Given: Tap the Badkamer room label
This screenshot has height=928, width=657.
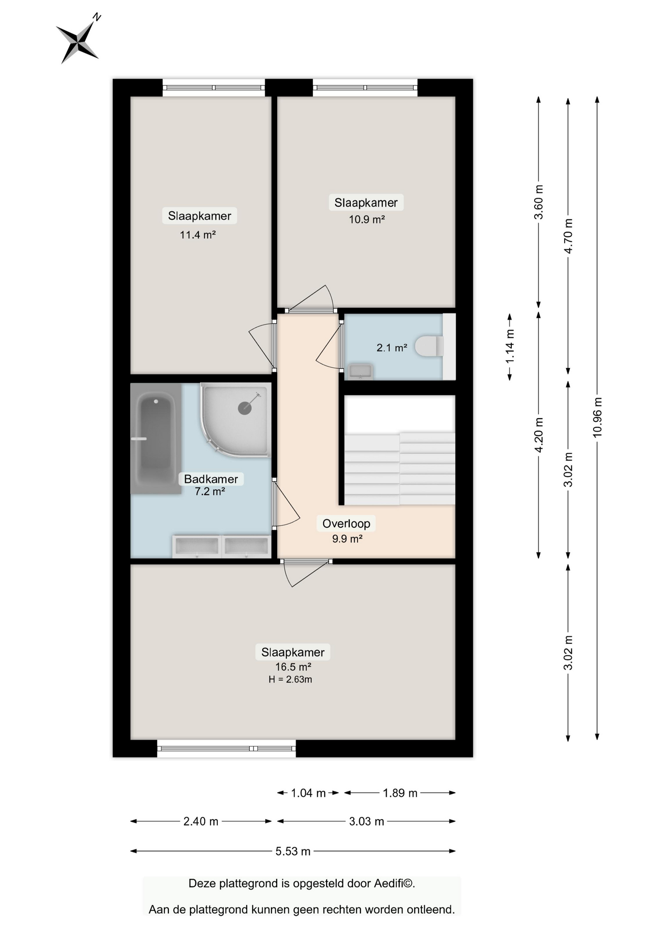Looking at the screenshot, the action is [211, 479].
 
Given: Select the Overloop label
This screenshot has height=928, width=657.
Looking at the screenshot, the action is [346, 523].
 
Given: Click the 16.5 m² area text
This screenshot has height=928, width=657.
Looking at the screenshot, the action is [293, 667].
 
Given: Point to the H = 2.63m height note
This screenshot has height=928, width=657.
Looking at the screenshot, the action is [290, 680].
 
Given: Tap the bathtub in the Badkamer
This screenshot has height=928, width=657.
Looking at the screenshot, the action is [156, 439].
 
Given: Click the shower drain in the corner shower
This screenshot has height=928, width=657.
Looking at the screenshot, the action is [245, 408].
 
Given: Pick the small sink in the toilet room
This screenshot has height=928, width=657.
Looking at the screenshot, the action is [360, 371].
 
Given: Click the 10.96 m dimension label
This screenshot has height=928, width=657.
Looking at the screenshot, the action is [597, 418].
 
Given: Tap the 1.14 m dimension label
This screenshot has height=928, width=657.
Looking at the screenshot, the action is [510, 347].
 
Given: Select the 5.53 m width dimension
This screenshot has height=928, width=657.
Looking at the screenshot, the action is [293, 851].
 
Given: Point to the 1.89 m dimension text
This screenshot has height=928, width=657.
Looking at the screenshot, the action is [400, 793].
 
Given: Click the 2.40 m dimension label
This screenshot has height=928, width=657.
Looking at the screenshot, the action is [201, 821].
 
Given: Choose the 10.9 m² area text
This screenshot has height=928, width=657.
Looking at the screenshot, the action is [367, 219].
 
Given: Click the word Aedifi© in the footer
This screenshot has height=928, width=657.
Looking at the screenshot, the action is [394, 884].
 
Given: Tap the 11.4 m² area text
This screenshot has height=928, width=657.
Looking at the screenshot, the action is [198, 235].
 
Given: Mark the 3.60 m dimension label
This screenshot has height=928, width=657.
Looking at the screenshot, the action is [539, 202].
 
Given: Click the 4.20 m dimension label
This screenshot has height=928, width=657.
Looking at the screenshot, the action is [539, 435].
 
